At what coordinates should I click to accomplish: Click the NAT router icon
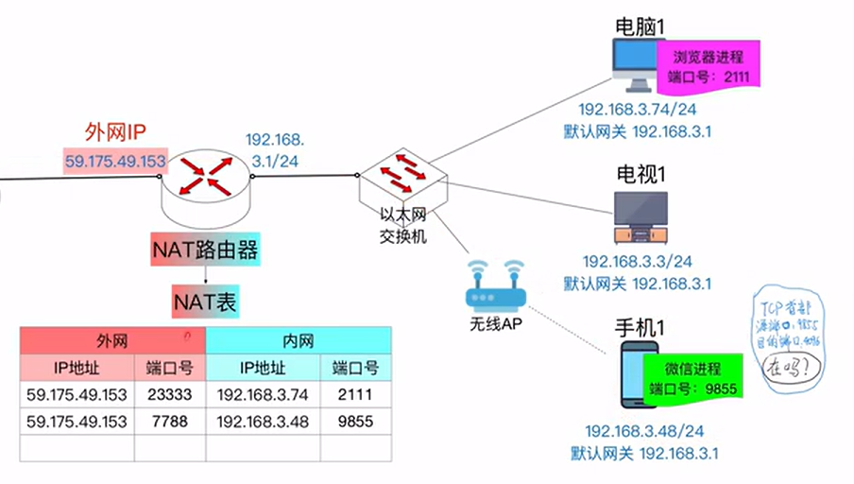tap(207, 176)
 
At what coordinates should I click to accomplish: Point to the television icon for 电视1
tap(640, 216)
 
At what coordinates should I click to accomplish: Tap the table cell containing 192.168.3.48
tap(263, 422)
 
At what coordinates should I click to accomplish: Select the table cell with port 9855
tap(355, 422)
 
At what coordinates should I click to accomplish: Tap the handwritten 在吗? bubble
tap(790, 364)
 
